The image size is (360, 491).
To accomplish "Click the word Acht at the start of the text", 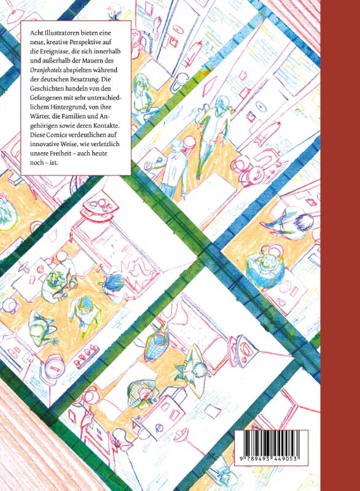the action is tap(36, 33).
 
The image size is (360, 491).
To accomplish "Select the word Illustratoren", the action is tap(60, 33).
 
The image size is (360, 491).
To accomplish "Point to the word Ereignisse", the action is tap(55, 52).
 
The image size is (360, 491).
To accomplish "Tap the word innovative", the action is tap(45, 144).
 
